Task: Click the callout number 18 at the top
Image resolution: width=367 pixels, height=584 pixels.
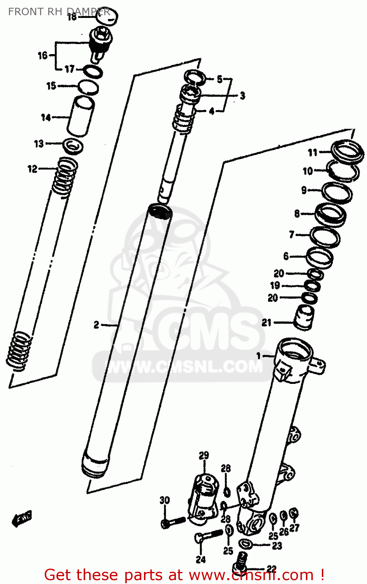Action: coord(72,17)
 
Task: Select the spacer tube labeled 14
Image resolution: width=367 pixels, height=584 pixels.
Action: coord(81,116)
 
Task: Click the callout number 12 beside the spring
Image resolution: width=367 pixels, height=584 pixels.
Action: coord(32,169)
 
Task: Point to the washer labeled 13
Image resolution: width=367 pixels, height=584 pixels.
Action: coord(73,146)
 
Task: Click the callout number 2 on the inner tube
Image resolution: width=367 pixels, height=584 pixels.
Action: coord(96,324)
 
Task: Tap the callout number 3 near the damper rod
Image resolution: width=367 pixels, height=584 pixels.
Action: coord(242,95)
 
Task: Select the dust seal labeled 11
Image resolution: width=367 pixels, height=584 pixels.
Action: coord(348,151)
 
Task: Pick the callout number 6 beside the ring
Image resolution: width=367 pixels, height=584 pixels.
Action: coord(286,256)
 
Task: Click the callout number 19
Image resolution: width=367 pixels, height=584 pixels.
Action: coord(275,285)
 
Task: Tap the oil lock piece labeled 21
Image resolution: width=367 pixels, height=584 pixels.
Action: coord(304,317)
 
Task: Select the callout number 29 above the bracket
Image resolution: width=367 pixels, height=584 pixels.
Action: coord(204,455)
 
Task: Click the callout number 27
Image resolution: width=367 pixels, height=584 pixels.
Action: coord(294,528)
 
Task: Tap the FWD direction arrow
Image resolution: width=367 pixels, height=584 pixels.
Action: coord(22,519)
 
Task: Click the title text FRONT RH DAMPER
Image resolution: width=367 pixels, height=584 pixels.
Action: coord(58,12)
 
